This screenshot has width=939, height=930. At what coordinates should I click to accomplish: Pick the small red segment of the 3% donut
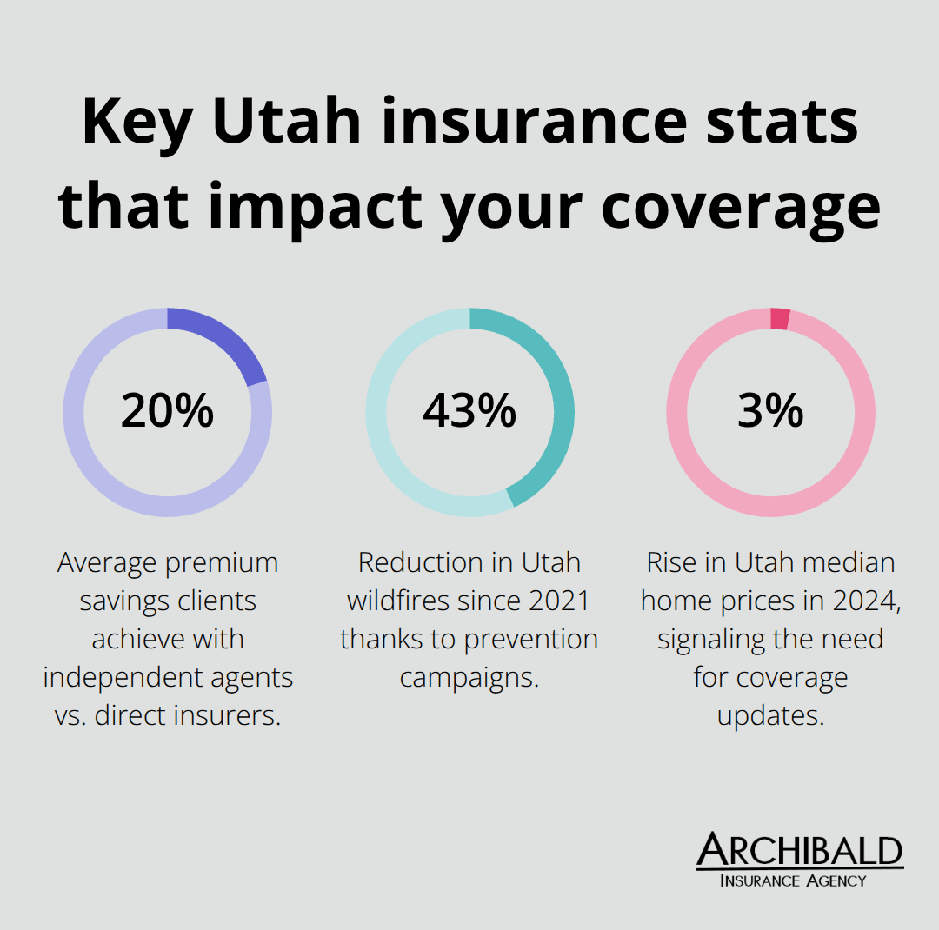[780, 319]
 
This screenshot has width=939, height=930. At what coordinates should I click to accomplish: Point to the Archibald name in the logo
[800, 851]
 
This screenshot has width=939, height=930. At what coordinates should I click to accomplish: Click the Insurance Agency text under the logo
[793, 880]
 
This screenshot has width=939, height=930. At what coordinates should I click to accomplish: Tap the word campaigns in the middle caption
[469, 677]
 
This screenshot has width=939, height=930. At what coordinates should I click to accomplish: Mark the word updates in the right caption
[770, 715]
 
